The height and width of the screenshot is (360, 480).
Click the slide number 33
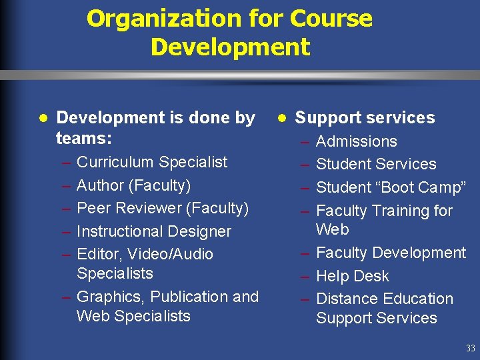(471, 348)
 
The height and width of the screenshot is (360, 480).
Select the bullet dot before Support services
(283, 117)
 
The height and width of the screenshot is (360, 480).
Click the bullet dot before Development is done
(43, 117)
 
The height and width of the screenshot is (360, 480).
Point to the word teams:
(83, 138)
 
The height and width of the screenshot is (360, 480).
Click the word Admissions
(356, 141)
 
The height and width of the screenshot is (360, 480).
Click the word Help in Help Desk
(332, 276)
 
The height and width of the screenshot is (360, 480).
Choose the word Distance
(347, 299)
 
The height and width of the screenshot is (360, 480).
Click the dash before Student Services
(304, 164)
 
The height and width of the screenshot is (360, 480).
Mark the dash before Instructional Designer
(66, 231)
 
